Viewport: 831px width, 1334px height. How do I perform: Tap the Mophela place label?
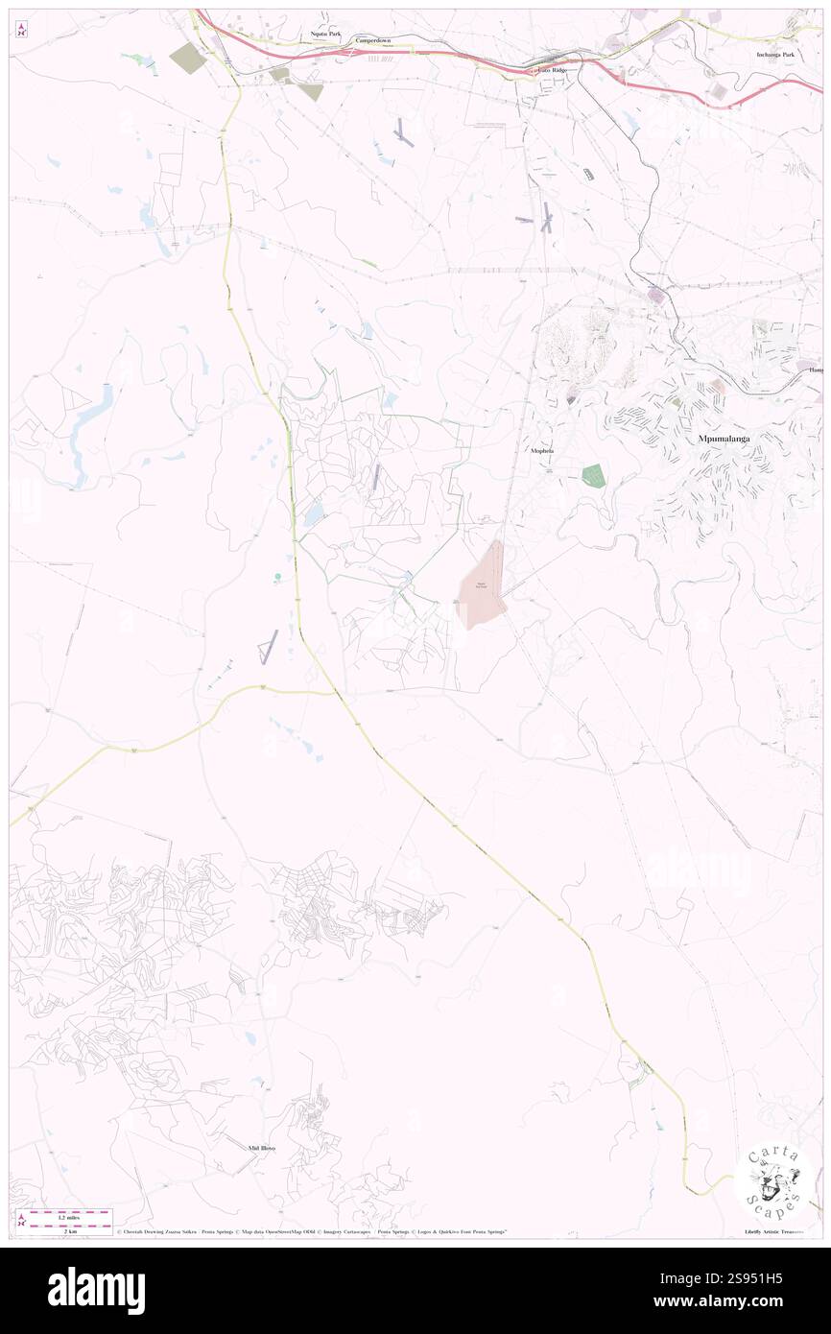coord(541,450)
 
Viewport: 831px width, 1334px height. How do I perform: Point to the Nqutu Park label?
coord(325,33)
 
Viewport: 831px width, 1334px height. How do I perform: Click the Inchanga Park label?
coord(775,54)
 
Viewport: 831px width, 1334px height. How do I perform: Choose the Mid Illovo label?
coord(261,1147)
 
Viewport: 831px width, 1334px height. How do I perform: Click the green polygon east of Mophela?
coord(594,475)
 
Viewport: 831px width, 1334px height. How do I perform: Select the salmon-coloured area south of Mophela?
coord(482,585)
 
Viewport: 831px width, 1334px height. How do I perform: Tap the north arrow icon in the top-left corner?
coord(22,30)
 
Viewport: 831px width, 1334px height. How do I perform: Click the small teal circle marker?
coord(278,577)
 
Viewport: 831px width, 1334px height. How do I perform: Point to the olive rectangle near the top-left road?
coord(188,59)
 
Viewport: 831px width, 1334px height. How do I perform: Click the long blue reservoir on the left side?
coord(91,414)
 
